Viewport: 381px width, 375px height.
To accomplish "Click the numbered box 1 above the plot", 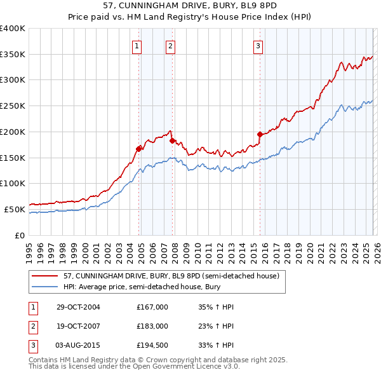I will pyautogui.click(x=137, y=45).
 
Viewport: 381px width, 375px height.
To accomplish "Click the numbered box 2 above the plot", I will pyautogui.click(x=171, y=45).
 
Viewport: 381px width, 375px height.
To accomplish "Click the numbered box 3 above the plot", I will pyautogui.click(x=258, y=45).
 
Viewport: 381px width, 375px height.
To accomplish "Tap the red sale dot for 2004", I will pyautogui.click(x=138, y=149).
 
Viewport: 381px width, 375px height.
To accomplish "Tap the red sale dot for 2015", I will pyautogui.click(x=260, y=134).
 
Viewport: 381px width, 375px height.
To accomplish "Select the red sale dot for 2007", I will pyautogui.click(x=172, y=140).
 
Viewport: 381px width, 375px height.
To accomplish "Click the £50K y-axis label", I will pyautogui.click(x=15, y=209).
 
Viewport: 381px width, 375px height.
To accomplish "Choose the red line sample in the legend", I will pyautogui.click(x=45, y=276).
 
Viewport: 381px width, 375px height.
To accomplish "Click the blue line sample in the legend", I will pyautogui.click(x=45, y=287).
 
